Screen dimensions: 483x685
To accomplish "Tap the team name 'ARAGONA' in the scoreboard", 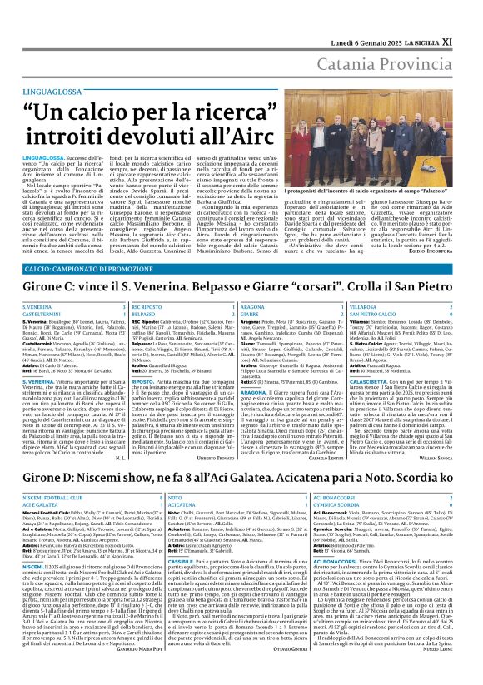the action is click(253, 308).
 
